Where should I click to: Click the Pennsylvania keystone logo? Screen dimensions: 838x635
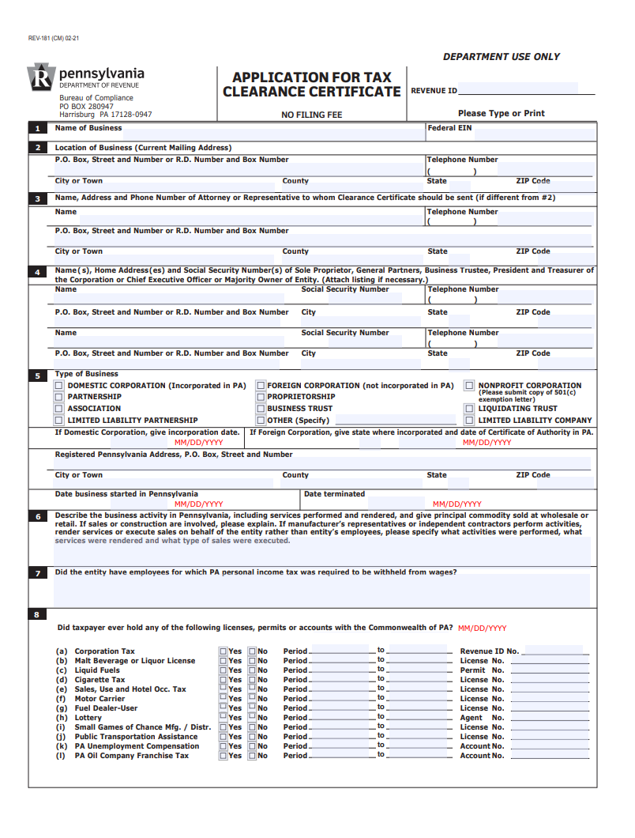[40, 78]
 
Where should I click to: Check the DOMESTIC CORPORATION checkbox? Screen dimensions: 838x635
[58, 386]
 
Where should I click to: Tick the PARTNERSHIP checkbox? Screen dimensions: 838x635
[58, 397]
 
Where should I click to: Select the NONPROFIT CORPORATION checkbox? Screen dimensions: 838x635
[469, 386]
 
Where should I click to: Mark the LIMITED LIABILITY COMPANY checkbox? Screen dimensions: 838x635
[469, 420]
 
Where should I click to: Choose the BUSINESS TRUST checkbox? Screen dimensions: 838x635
[260, 409]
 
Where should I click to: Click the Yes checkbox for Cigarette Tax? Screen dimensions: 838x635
[224, 680]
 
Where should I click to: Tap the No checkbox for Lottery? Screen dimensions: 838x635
[253, 718]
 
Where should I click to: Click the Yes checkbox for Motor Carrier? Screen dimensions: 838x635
[224, 699]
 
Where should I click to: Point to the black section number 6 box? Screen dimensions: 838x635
[37, 517]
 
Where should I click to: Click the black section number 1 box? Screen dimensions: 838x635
[37, 128]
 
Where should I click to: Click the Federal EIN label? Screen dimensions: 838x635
[449, 128]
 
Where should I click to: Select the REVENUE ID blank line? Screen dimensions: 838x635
[526, 92]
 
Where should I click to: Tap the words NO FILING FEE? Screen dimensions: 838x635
[312, 115]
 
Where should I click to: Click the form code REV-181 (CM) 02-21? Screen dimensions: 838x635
[53, 38]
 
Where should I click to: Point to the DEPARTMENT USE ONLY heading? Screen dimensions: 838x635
[502, 57]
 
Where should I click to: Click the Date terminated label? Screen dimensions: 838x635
[334, 494]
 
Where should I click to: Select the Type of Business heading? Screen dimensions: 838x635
[86, 374]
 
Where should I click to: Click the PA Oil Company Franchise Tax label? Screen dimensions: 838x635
[132, 756]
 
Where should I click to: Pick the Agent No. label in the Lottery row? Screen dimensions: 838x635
[482, 718]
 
